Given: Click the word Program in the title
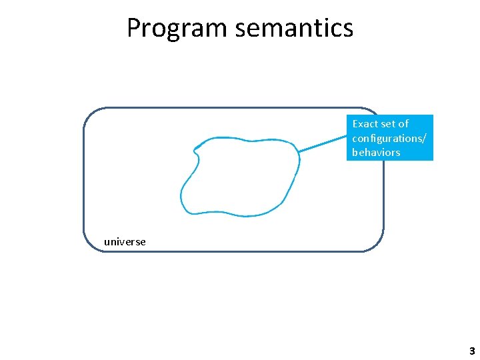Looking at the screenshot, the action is tap(167, 28).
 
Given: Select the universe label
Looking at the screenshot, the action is tap(125, 241).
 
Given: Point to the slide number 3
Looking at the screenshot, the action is tap(472, 351).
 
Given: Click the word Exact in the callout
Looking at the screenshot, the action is tap(365, 123).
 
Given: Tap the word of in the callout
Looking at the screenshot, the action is tap(403, 123).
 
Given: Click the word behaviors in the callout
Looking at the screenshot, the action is tap(376, 152).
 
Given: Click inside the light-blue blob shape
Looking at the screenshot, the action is tap(240, 177).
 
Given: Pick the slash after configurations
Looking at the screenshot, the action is tap(426, 138).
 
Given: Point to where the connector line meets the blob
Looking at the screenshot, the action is tap(298, 152).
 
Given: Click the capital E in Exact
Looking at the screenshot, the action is tap(355, 123).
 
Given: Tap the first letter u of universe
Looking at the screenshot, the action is tap(107, 242).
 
